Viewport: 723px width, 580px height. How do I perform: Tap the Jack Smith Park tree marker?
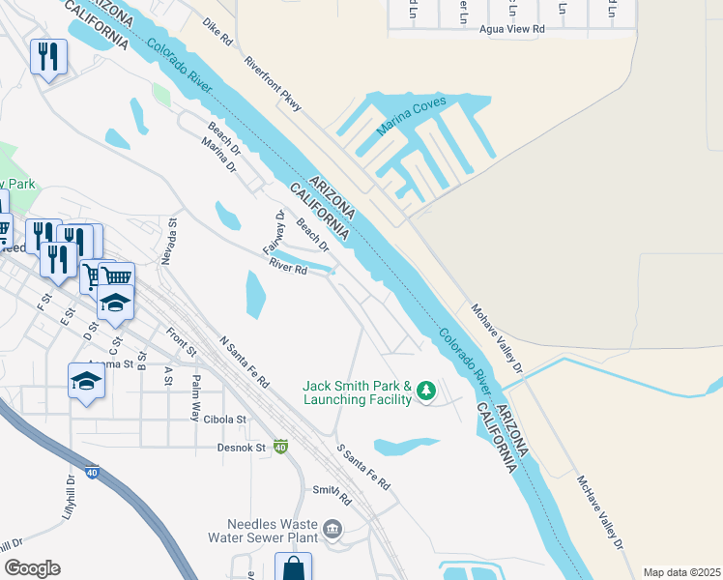point(426,391)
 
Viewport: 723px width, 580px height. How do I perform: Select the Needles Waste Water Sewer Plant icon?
point(333,529)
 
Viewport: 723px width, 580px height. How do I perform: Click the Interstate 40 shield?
point(280,447)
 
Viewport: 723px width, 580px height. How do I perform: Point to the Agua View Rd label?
point(512,30)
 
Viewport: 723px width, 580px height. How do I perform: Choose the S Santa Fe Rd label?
point(363,467)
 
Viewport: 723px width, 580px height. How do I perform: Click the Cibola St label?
point(226,420)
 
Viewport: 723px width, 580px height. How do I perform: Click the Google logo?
point(32,568)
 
